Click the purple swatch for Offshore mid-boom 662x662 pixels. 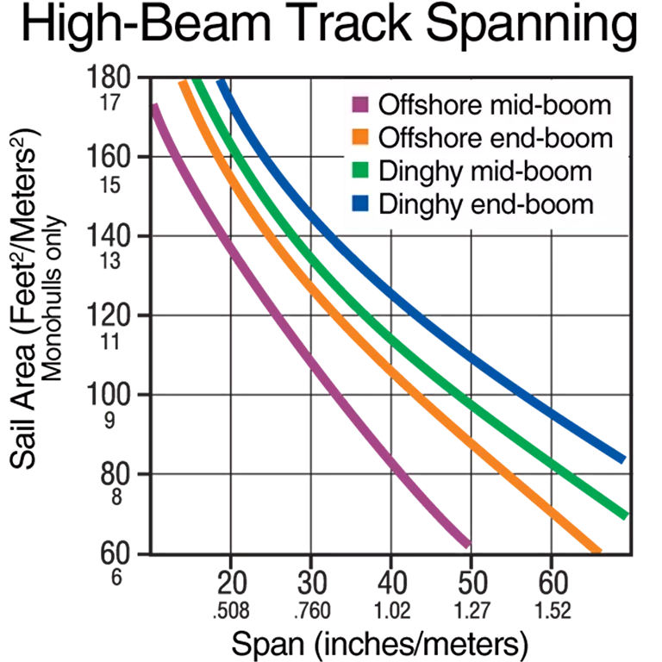pyautogui.click(x=360, y=107)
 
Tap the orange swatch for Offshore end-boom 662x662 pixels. pyautogui.click(x=360, y=139)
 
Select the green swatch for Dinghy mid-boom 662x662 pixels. pyautogui.click(x=360, y=172)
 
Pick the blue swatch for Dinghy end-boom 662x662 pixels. pyautogui.click(x=360, y=204)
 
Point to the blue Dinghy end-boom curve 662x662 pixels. pyautogui.click(x=483, y=362)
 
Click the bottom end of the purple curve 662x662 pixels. pyautogui.click(x=466, y=542)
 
